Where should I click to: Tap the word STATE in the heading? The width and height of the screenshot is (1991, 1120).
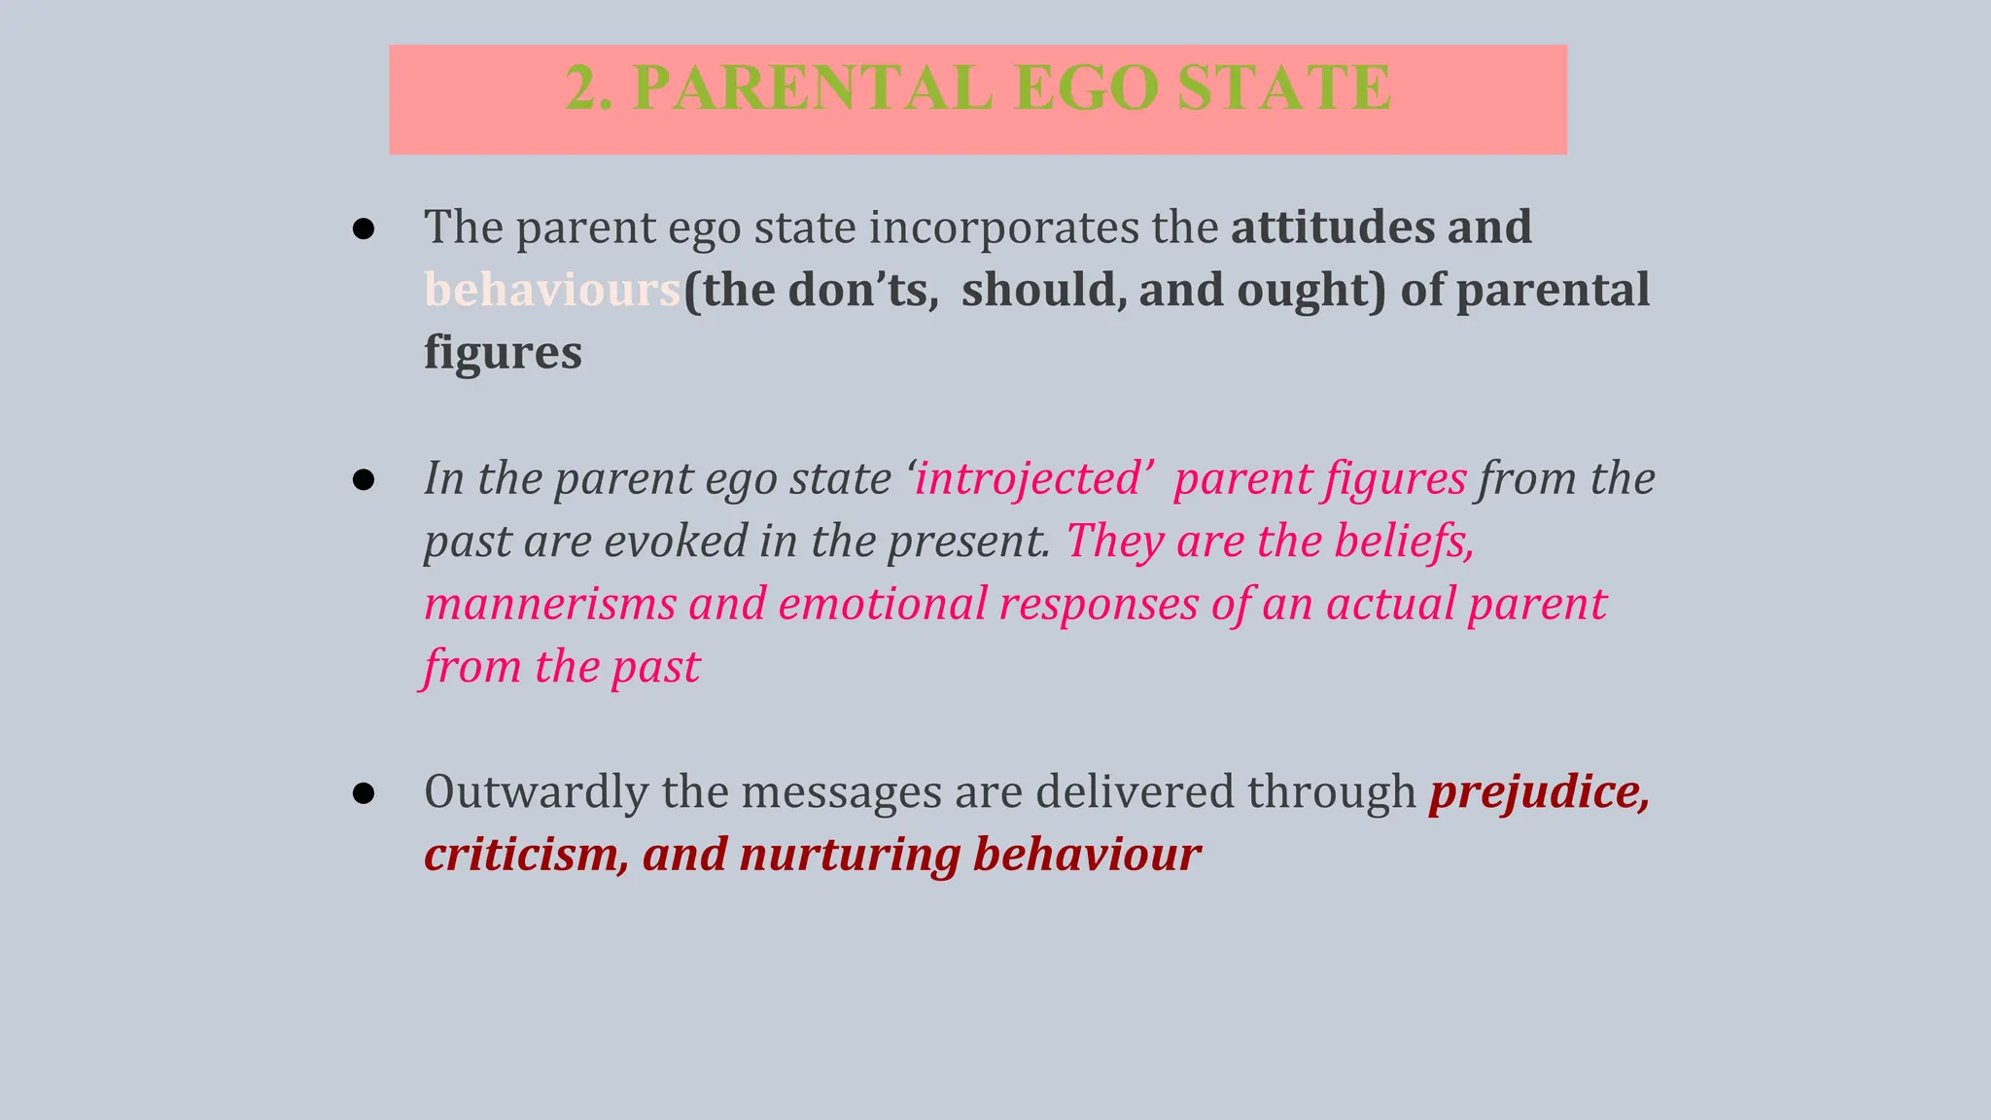tap(1284, 88)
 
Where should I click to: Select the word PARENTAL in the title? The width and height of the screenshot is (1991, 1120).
tap(812, 88)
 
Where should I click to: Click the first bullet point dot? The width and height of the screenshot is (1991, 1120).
tap(364, 229)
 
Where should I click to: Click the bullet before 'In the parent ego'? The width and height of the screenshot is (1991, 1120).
tap(364, 480)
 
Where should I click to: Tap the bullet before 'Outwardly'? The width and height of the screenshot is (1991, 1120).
tap(364, 794)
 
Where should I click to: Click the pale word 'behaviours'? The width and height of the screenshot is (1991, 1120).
tap(552, 290)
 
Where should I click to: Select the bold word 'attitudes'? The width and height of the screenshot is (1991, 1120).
tap(1332, 227)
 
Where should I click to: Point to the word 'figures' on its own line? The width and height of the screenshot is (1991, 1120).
tap(503, 352)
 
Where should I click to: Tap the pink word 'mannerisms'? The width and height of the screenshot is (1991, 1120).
tap(550, 604)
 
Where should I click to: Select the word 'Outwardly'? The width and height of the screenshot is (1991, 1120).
tap(536, 792)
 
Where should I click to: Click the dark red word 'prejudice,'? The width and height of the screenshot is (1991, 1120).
tap(1539, 792)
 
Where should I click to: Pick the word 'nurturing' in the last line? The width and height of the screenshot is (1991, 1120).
tap(850, 855)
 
